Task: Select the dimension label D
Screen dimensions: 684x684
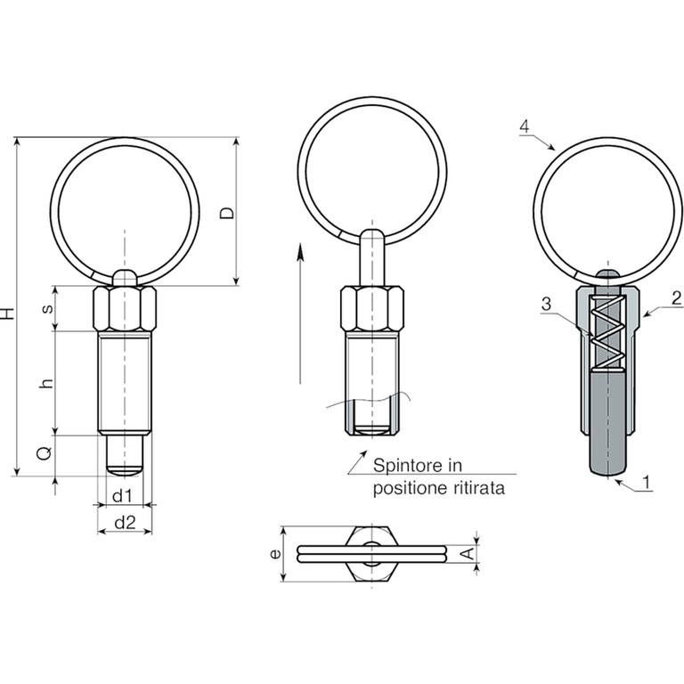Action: (x=226, y=214)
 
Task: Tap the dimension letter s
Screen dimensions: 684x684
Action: (x=47, y=308)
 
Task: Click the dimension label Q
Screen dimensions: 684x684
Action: (x=45, y=453)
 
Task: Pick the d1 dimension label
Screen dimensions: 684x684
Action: (x=122, y=495)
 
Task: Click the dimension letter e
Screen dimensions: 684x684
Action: (x=275, y=554)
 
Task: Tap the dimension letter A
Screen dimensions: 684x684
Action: (x=468, y=554)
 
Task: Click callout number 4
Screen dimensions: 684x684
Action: (x=525, y=126)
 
